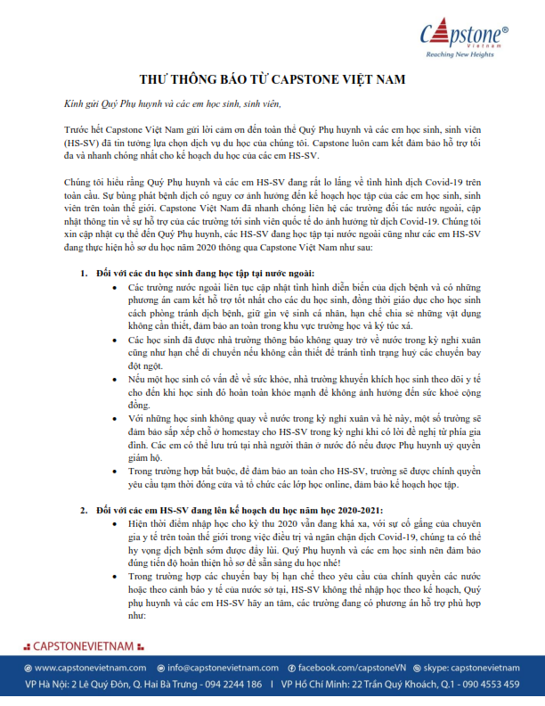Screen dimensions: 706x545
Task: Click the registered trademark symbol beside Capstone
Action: pyautogui.click(x=506, y=29)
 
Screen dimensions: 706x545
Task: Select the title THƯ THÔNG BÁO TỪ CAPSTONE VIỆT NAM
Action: pyautogui.click(x=272, y=79)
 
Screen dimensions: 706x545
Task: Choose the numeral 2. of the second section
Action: pyautogui.click(x=84, y=510)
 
